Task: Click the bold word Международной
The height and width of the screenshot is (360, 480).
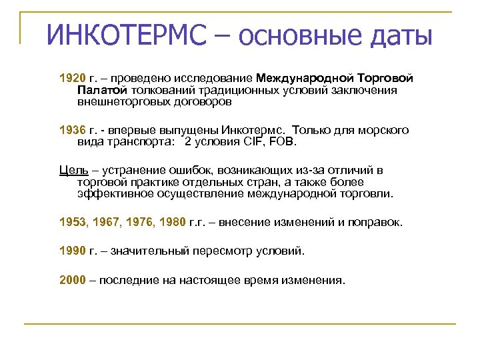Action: click(300, 79)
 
